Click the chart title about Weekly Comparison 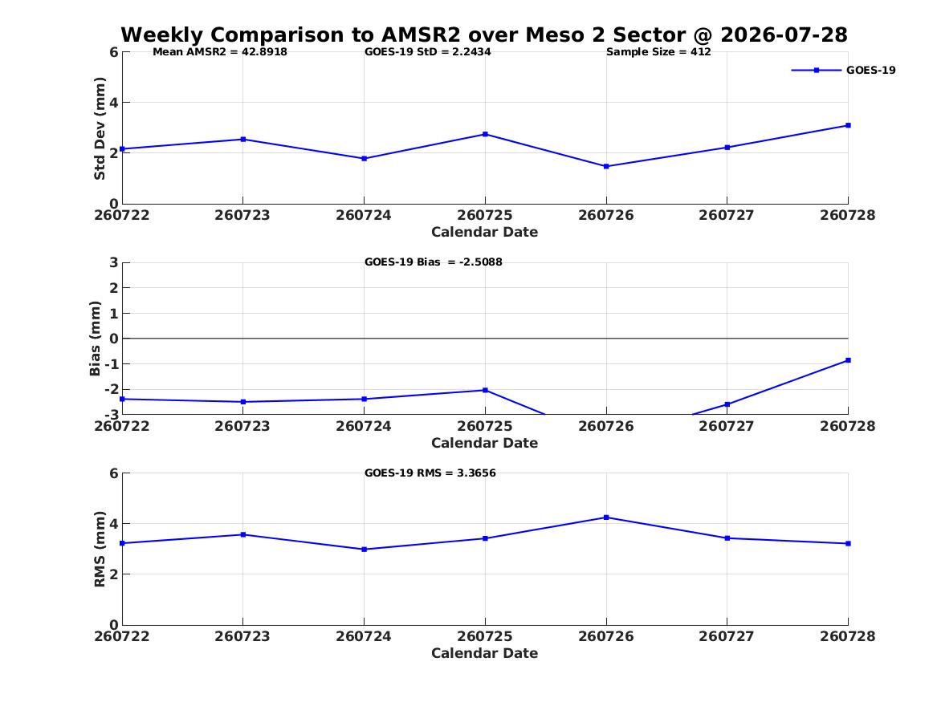[484, 34]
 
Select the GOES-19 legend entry [843, 70]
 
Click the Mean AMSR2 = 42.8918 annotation [220, 52]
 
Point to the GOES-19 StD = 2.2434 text [428, 52]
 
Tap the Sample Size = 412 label [658, 52]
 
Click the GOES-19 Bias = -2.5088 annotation [434, 262]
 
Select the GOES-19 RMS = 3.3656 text [430, 473]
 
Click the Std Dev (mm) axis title [100, 128]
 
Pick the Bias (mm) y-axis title [95, 339]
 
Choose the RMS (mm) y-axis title [100, 550]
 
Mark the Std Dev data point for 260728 [848, 125]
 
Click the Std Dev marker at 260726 [606, 167]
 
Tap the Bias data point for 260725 [485, 391]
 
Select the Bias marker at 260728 [848, 360]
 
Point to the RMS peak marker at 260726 [606, 517]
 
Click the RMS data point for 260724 [364, 550]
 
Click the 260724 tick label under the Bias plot [364, 426]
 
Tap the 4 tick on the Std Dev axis [113, 103]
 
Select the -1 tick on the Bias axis [111, 364]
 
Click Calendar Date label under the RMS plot [485, 653]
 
